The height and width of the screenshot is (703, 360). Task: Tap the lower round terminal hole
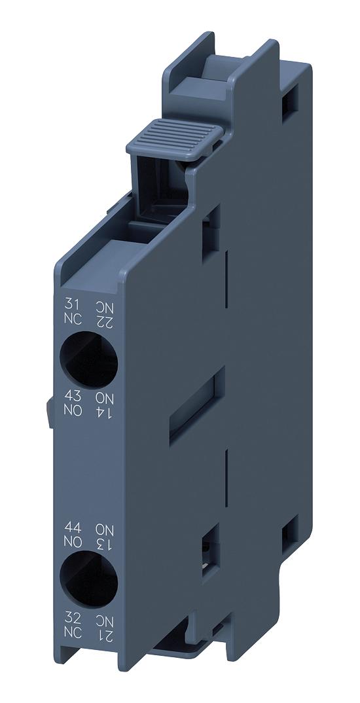88,579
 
